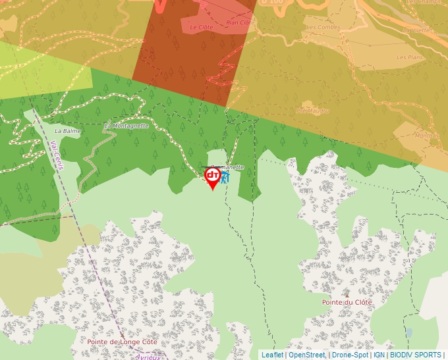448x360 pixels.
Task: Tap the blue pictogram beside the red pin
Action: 225,178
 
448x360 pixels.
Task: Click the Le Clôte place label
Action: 202,28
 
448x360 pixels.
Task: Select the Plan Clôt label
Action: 238,22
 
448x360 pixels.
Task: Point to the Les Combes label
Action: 322,28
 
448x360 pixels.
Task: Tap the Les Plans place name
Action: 410,57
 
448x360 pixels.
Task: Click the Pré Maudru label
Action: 314,111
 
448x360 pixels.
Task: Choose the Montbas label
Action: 426,136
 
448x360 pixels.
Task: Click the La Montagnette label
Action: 126,125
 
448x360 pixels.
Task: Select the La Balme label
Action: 67,131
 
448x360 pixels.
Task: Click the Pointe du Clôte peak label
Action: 347,302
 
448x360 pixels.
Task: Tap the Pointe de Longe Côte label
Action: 123,342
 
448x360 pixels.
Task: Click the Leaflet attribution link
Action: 272,355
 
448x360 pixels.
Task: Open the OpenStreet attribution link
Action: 306,355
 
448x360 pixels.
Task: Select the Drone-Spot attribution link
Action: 350,355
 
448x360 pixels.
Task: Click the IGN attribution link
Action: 379,355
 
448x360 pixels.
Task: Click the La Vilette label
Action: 417,30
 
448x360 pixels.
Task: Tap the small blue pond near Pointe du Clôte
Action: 409,333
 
